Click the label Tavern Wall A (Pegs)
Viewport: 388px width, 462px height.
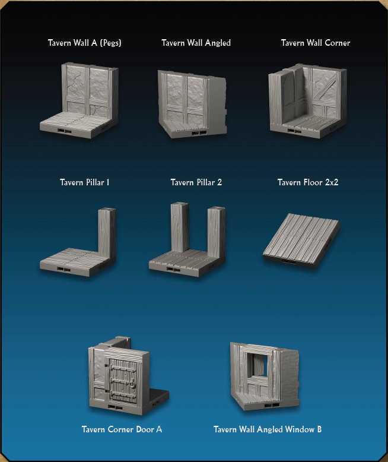84,43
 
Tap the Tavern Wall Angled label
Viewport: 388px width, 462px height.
196,43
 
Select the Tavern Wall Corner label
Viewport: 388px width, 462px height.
316,43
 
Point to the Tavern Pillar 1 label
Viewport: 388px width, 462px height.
84,182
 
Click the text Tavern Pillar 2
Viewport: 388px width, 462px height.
196,182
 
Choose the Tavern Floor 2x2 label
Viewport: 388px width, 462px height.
308,182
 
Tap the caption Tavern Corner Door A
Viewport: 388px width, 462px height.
122,429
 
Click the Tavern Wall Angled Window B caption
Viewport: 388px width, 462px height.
268,429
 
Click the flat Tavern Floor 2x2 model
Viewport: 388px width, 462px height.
301,241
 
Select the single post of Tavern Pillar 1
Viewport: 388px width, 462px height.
107,232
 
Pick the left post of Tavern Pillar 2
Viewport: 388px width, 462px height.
180,227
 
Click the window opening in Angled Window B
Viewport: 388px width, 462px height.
257,365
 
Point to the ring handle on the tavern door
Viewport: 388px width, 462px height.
133,384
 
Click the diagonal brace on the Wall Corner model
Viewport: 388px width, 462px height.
326,86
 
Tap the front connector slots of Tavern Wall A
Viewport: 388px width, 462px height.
64,131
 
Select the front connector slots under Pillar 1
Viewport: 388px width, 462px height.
63,270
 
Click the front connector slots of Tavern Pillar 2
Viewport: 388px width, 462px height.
173,270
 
